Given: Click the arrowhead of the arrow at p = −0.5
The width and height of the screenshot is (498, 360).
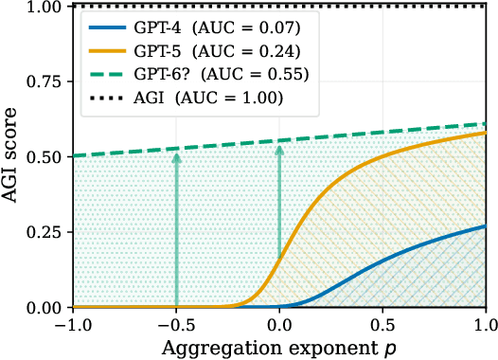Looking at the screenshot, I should tap(175, 154).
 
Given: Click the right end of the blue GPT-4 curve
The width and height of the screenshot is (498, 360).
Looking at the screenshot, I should tap(485, 226).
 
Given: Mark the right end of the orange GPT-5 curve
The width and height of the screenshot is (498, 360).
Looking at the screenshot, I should tap(485, 133).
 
